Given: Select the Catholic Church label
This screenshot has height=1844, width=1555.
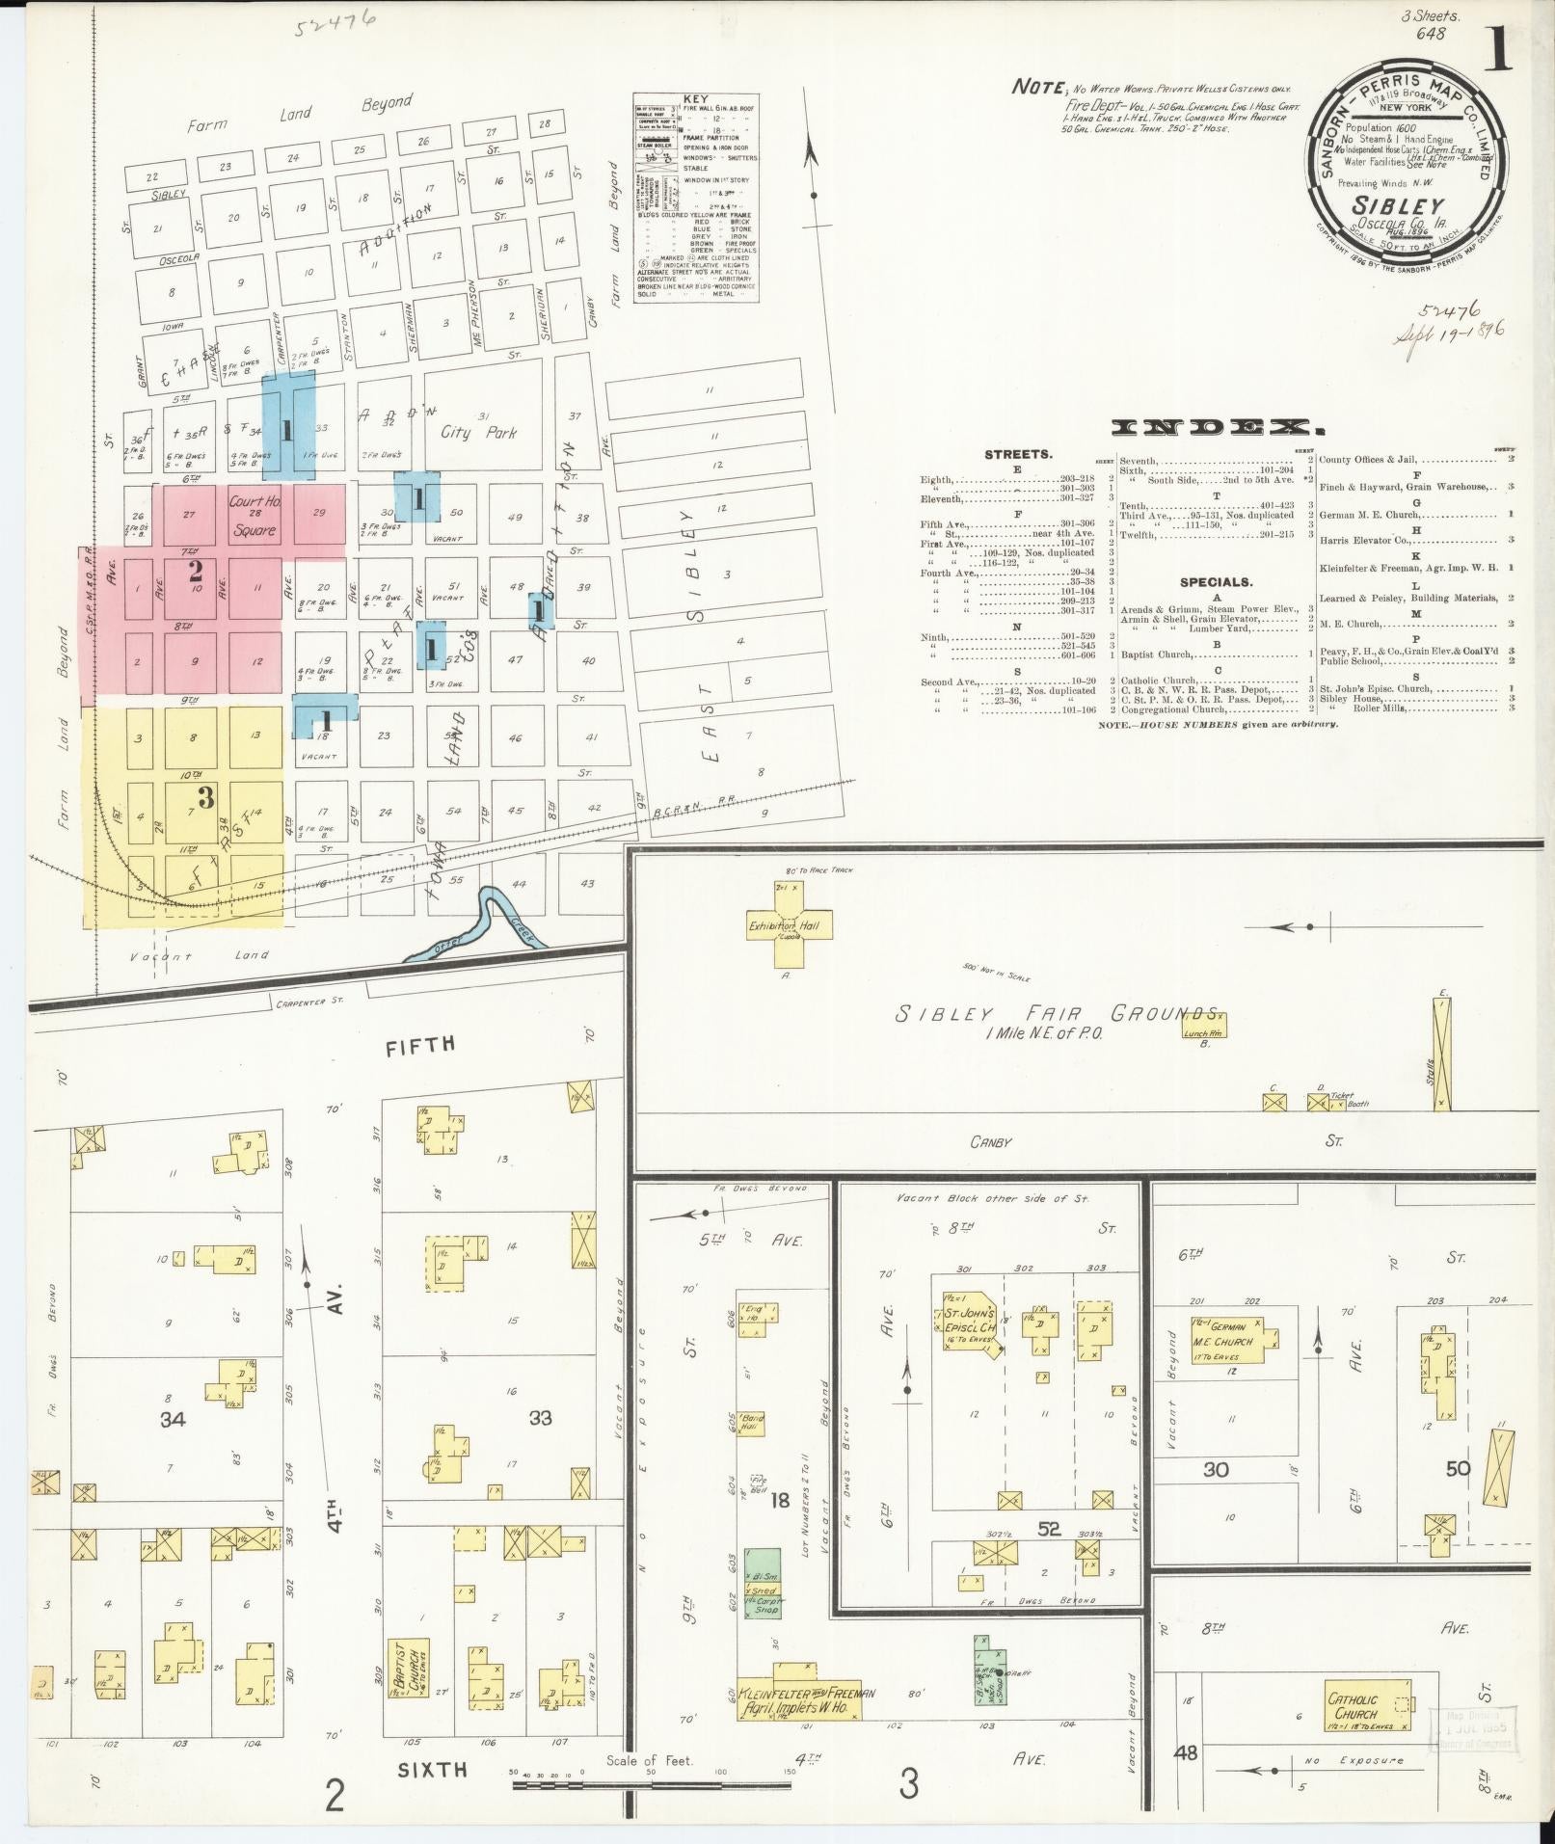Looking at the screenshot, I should [1353, 1706].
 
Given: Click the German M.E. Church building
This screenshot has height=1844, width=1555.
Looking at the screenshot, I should [1225, 1335].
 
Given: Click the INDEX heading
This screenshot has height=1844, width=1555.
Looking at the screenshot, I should [1214, 427].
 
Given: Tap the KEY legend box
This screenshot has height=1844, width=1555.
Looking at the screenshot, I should [694, 199].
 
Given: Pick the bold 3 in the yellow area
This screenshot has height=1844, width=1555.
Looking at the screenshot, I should [204, 797].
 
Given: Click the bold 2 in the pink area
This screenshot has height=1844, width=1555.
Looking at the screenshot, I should [195, 570].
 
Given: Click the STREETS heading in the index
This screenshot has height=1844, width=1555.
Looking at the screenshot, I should [1019, 453].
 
